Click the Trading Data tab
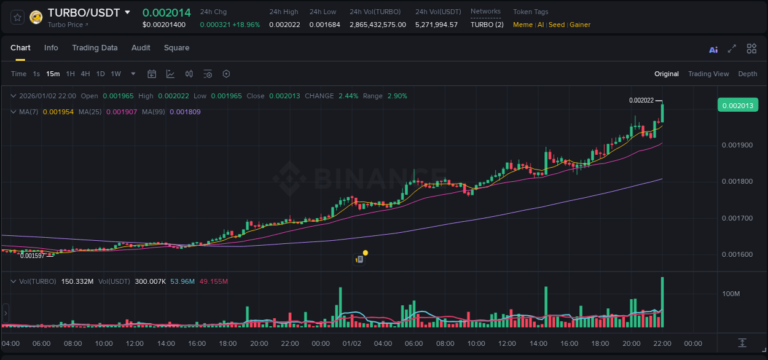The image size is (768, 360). (x=95, y=48)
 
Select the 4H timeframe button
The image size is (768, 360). (x=85, y=74)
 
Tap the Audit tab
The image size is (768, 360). (x=141, y=48)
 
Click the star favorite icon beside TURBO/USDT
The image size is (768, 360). (x=18, y=17)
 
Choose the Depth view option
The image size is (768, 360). (x=748, y=74)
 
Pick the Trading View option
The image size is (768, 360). (x=708, y=74)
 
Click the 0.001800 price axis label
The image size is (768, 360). (x=736, y=182)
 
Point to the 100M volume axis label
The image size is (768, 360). (x=731, y=294)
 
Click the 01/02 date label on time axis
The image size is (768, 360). (x=351, y=343)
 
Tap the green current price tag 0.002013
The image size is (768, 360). (x=737, y=105)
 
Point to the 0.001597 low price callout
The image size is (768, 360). (x=32, y=256)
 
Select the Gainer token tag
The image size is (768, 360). (x=580, y=25)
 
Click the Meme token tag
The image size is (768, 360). (x=523, y=25)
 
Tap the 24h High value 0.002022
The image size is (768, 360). (x=283, y=25)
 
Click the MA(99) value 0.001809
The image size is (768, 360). (x=184, y=112)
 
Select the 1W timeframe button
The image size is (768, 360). (x=116, y=74)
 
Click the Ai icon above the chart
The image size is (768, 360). (x=713, y=50)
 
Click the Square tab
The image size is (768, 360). (x=176, y=48)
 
